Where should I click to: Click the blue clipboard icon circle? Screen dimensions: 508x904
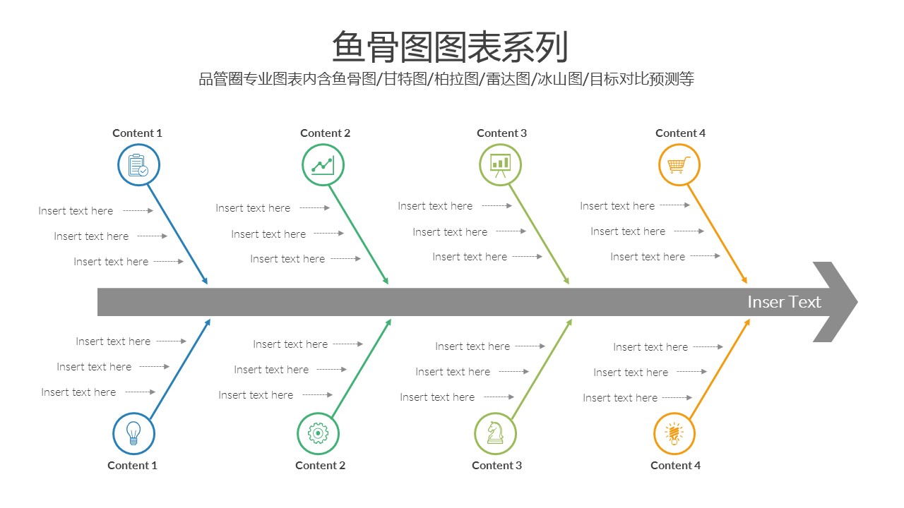138,165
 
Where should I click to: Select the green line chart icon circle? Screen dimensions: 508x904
323,165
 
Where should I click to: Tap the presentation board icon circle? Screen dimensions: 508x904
500,165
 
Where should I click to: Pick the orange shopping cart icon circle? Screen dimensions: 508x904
679,165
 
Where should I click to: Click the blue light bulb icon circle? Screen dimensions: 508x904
133,433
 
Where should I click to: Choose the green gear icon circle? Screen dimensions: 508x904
318,433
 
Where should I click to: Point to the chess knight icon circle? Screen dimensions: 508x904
495,433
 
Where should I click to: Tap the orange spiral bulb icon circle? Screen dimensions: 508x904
674,433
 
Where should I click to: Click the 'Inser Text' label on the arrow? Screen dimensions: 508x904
784,302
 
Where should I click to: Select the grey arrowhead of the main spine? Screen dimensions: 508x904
837,302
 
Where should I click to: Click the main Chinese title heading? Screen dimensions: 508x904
451,47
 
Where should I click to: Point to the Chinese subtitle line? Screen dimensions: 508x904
446,79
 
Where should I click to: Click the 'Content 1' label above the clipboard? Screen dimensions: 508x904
137,133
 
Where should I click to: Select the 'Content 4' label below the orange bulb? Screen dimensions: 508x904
675,465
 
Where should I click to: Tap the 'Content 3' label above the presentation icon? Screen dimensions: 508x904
501,133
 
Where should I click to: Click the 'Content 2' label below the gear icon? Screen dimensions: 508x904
320,465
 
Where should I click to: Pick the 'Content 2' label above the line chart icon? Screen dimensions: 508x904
325,133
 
